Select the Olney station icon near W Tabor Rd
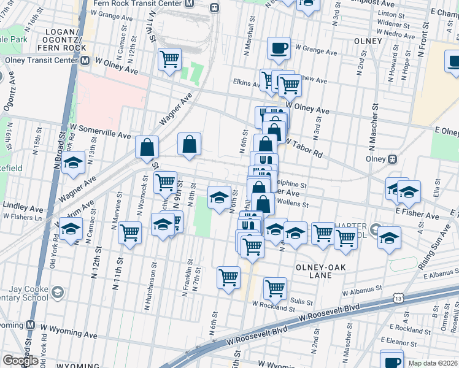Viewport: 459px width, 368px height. (x=392, y=159)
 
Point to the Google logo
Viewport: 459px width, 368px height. (x=20, y=361)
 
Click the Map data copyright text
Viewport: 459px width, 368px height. (x=433, y=363)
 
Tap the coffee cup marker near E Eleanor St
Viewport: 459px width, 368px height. (x=391, y=359)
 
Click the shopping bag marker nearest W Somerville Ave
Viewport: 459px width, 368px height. (x=147, y=147)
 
